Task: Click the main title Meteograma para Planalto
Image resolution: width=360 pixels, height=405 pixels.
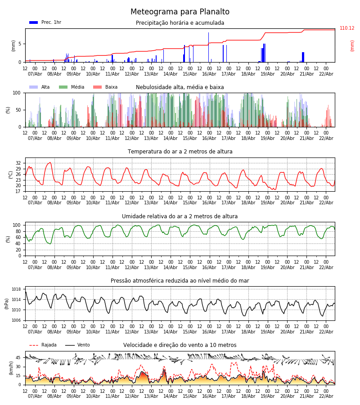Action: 180,12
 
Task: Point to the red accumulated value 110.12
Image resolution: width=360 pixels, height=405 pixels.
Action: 347,28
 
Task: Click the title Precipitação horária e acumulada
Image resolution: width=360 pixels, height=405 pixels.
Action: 180,23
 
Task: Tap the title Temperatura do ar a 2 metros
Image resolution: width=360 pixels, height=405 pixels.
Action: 180,152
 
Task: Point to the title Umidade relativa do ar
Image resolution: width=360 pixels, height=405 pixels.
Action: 180,216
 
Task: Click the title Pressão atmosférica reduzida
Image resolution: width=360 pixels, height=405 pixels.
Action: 180,281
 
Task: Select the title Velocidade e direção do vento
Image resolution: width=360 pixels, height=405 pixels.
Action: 180,345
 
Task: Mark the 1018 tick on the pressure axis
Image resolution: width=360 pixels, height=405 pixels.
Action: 17,289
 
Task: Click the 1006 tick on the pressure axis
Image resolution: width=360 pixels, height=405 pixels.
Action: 17,320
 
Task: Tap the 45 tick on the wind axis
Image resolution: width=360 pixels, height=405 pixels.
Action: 18,358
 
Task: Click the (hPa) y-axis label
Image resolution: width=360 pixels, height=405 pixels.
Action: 7,303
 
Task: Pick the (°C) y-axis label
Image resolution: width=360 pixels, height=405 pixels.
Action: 11,174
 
